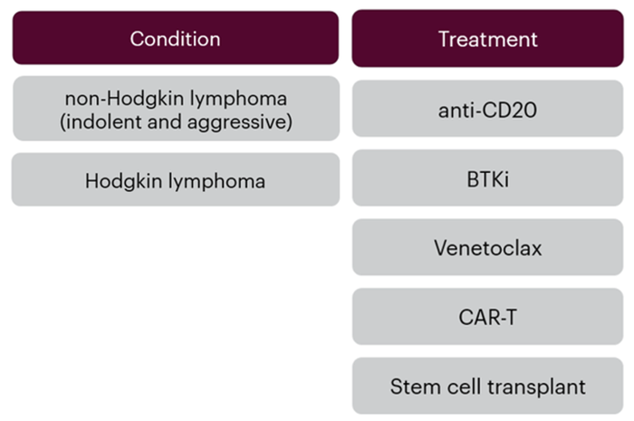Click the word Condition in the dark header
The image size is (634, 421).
175,39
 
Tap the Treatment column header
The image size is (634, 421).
487,39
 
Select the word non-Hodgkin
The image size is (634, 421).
119,100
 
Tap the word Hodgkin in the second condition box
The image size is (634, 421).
120,180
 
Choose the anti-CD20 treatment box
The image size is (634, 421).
487,110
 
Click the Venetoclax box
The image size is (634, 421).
487,247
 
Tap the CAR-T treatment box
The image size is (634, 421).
487,317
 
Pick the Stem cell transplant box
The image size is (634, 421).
487,387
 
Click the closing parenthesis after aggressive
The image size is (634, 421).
289,122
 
